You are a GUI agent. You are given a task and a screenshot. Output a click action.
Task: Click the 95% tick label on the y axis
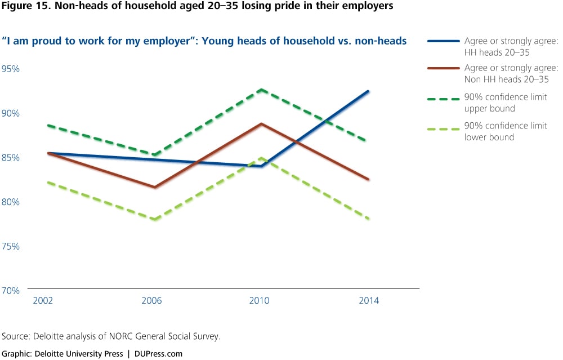click(x=11, y=69)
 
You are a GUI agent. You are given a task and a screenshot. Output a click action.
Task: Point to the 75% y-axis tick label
click(x=11, y=246)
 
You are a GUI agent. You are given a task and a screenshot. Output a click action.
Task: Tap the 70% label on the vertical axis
click(x=11, y=291)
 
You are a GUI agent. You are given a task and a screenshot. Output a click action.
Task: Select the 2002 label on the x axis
click(x=43, y=301)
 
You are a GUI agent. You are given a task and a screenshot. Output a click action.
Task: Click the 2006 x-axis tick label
click(x=152, y=301)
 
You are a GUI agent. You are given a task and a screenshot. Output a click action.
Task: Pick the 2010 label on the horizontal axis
click(x=260, y=301)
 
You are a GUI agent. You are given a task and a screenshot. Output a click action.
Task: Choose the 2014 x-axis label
click(x=369, y=301)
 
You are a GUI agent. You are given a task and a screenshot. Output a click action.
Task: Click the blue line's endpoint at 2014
click(x=368, y=91)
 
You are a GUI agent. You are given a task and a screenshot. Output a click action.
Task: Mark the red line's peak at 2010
click(x=261, y=123)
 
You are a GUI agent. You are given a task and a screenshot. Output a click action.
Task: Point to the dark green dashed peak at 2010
click(x=261, y=90)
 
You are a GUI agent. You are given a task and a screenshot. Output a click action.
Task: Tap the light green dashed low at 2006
click(x=153, y=219)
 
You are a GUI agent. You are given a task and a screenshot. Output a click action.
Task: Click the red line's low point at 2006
click(x=153, y=187)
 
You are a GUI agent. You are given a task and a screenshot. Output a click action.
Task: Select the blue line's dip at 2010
click(x=261, y=166)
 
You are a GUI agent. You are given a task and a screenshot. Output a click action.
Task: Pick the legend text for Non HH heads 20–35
click(x=506, y=74)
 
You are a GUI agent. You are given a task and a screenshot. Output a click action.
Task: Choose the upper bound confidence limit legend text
click(x=506, y=102)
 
